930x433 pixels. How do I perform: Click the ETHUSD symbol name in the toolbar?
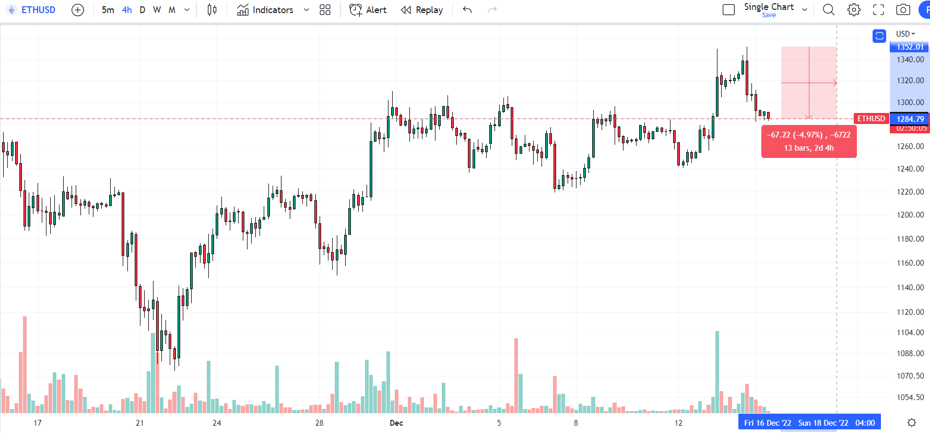[x=38, y=10]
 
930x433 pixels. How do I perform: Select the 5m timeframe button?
[x=108, y=10]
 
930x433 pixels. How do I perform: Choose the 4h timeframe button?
[x=127, y=10]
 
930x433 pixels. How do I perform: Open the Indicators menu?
[x=266, y=10]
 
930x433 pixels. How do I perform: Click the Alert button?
[x=368, y=10]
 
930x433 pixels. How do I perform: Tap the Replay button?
[x=422, y=10]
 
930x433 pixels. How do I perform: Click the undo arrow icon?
[x=467, y=10]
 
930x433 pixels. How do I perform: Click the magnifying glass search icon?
[x=829, y=10]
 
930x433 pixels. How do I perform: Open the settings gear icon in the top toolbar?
[x=854, y=10]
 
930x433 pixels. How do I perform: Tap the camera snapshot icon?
[x=903, y=10]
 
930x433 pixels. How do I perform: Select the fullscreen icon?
[x=879, y=10]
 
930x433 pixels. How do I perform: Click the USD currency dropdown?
[x=905, y=34]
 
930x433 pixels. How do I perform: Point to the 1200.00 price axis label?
[x=910, y=215]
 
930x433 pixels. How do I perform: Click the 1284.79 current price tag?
[x=910, y=119]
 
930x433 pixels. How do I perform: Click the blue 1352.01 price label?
[x=910, y=47]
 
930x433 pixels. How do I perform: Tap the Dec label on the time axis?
[x=396, y=423]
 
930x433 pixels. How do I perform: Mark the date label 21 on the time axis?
[x=139, y=423]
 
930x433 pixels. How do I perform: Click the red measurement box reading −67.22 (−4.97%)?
[x=808, y=141]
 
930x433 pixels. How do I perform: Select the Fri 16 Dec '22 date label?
[x=767, y=423]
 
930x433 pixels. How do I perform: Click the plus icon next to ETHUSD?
[x=78, y=10]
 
